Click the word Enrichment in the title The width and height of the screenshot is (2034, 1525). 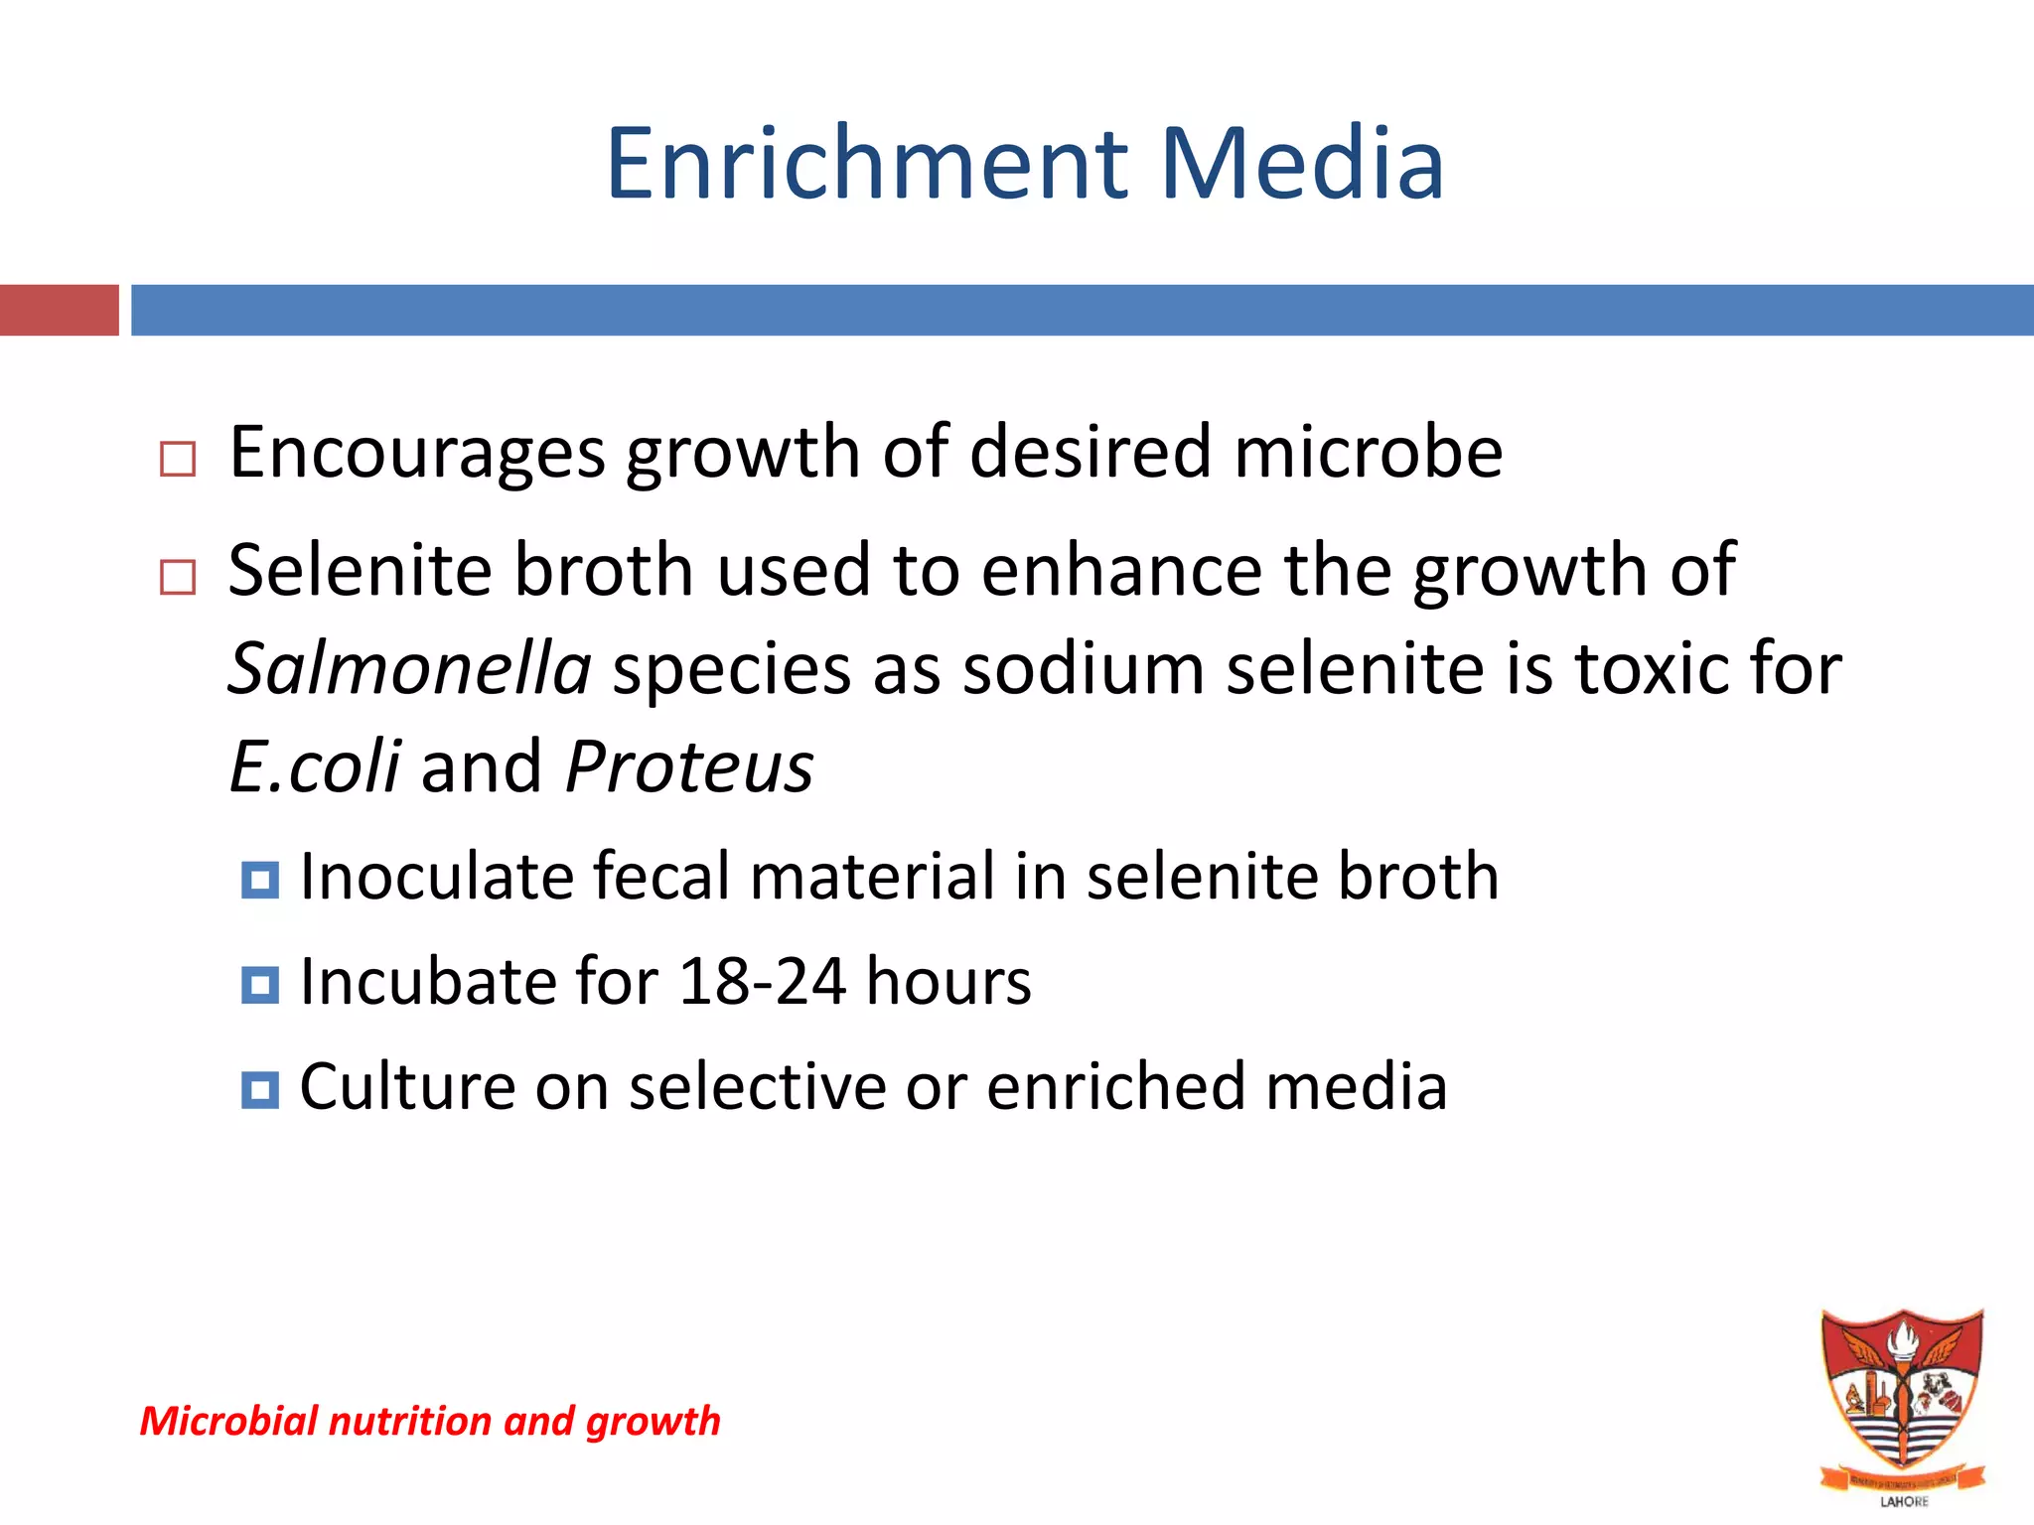(x=867, y=164)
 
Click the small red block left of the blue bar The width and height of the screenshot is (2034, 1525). (x=59, y=310)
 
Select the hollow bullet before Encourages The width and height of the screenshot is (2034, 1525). (x=178, y=459)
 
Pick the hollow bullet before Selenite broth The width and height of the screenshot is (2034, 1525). (x=178, y=576)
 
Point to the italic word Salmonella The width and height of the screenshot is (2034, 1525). (x=409, y=668)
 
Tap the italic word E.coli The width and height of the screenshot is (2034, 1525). (x=315, y=766)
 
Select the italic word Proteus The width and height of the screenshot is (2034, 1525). (x=689, y=766)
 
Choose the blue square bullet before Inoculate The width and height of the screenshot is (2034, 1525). (x=260, y=880)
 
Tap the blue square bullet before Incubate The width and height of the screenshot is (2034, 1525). (x=260, y=985)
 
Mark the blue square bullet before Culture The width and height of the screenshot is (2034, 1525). (x=260, y=1089)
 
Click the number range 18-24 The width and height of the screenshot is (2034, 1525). (x=762, y=982)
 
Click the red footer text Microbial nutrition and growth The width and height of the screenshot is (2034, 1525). (x=430, y=1421)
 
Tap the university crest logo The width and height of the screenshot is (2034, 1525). (x=1901, y=1395)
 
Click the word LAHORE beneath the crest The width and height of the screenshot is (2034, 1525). (x=1904, y=1501)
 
